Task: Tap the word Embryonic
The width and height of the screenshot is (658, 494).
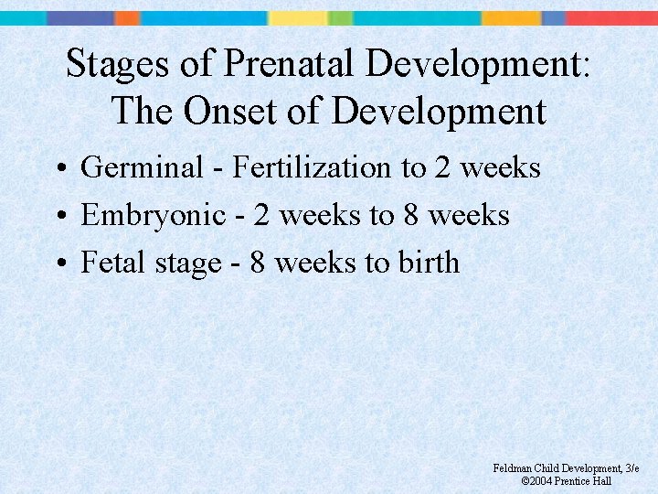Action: pos(153,216)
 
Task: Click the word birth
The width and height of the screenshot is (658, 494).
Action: pos(429,263)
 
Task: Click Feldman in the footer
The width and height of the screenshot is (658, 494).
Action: pos(514,468)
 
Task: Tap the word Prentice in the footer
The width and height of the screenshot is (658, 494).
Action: pos(573,480)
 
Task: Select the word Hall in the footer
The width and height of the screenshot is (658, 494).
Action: pos(602,480)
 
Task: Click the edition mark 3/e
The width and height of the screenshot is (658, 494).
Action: pos(630,468)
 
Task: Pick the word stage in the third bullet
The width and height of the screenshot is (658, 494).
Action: pos(187,263)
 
